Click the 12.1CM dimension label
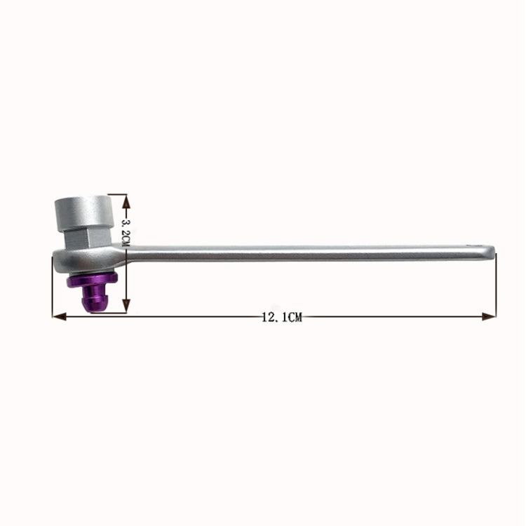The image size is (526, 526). tap(281, 318)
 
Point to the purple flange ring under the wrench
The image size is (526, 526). tap(90, 281)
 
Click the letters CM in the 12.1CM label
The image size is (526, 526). tap(294, 318)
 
